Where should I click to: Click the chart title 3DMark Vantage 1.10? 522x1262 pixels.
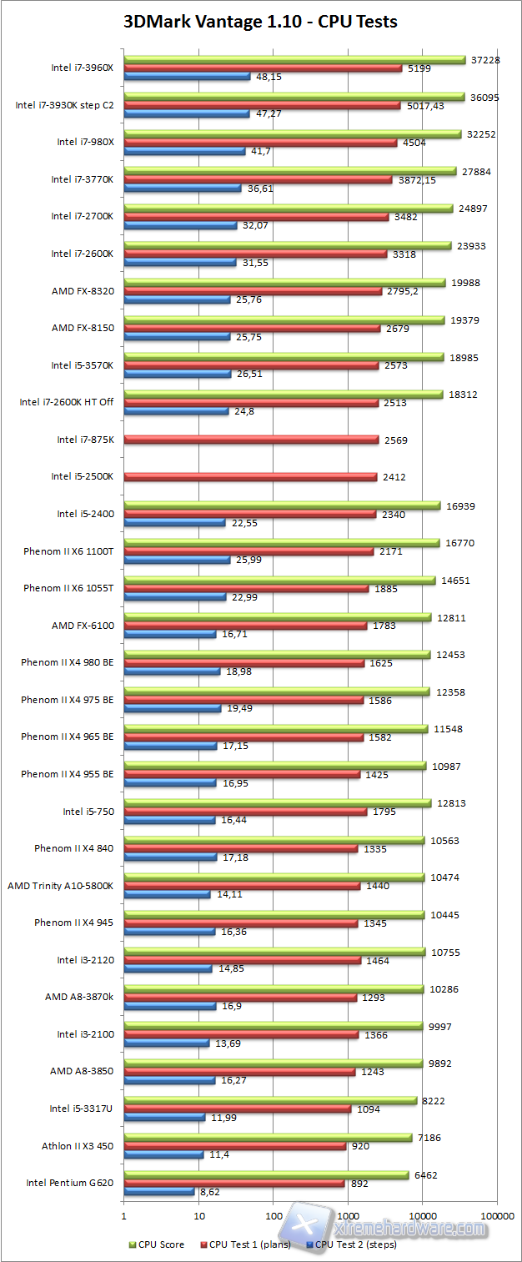(x=260, y=22)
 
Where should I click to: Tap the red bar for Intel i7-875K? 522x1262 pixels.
(x=250, y=440)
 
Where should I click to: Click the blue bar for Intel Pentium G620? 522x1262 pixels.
(x=158, y=1192)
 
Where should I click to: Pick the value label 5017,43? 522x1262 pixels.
(x=428, y=106)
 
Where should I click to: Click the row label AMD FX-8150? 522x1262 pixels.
(x=88, y=328)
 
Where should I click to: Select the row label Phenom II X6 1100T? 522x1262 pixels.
(x=68, y=551)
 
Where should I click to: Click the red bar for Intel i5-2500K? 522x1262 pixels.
(x=250, y=476)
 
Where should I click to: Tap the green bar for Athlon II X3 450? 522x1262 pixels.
(x=267, y=1137)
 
